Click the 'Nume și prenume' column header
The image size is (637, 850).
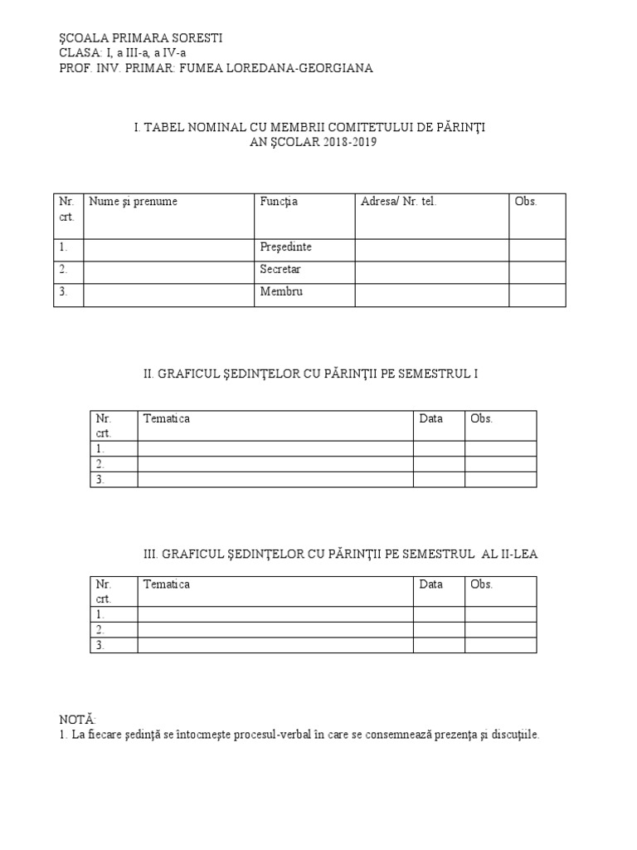pos(133,202)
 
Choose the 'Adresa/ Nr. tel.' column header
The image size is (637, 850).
pos(398,202)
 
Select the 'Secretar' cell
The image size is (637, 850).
pos(280,270)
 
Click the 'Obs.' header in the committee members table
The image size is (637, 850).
pos(526,202)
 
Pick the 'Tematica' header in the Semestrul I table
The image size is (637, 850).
pos(167,419)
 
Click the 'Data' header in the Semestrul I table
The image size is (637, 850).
pos(431,419)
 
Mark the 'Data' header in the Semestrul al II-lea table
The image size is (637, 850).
pos(431,584)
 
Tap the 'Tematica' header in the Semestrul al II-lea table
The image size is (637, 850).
pos(167,584)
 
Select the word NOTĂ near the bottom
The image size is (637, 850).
pos(77,718)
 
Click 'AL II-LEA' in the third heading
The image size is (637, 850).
pos(509,554)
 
